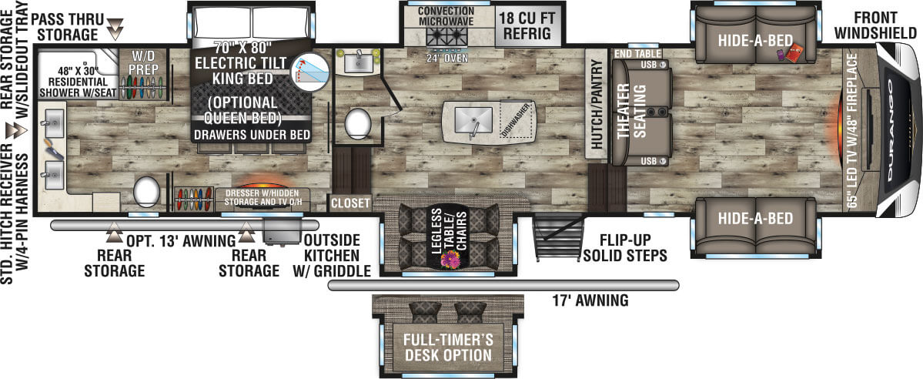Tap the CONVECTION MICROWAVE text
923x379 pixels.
(x=446, y=15)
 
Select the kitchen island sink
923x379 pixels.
(x=473, y=119)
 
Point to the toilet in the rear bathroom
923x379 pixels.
(x=146, y=189)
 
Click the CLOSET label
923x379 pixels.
(x=350, y=203)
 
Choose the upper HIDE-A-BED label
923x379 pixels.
(x=754, y=40)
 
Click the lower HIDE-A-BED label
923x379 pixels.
(x=754, y=219)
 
